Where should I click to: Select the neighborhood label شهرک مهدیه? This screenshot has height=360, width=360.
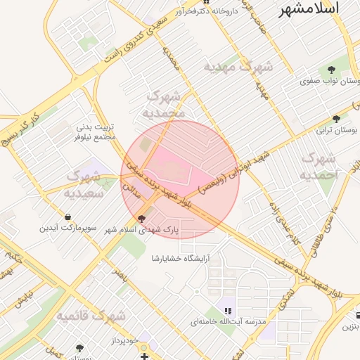pyautogui.click(x=238, y=67)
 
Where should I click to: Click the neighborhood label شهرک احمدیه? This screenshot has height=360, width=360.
pyautogui.click(x=318, y=167)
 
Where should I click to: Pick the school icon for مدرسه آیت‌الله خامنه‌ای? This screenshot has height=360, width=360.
pyautogui.click(x=227, y=309)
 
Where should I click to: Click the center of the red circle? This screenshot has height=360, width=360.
pyautogui.click(x=180, y=179)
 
